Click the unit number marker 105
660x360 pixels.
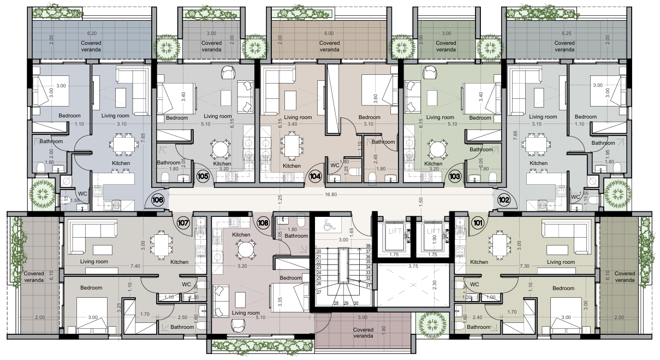[x=203, y=176]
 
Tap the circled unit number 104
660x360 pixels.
[x=316, y=176]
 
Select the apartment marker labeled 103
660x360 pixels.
[x=455, y=176]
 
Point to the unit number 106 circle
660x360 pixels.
[x=158, y=200]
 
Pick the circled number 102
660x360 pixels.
[x=503, y=200]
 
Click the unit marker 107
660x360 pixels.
[x=183, y=223]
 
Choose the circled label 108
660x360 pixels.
[x=263, y=223]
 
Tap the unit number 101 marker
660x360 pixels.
[x=478, y=223]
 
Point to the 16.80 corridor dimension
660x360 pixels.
[x=331, y=194]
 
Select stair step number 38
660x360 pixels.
[x=368, y=246]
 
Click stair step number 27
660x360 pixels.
[x=318, y=292]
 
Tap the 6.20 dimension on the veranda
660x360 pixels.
[x=92, y=33]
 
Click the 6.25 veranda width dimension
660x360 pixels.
[x=566, y=33]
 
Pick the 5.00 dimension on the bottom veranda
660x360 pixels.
[x=362, y=317]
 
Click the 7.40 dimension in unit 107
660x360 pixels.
[x=135, y=266]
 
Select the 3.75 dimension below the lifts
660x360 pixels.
[x=413, y=266]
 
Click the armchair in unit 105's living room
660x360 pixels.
[x=228, y=72]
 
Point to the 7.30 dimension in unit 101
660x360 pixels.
[x=525, y=266]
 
